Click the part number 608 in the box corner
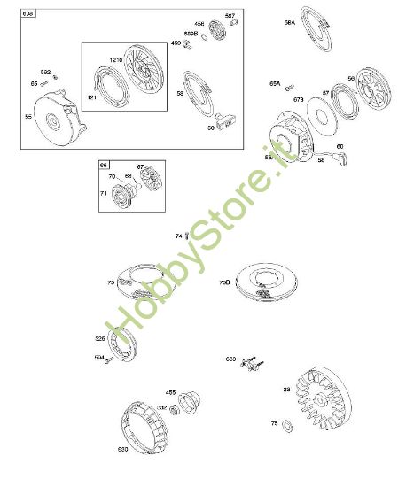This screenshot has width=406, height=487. [x=28, y=14]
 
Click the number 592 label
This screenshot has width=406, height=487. [x=46, y=73]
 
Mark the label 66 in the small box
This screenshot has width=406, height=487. [x=105, y=166]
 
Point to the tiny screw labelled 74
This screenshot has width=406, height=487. [x=187, y=235]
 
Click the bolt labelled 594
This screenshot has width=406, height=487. [x=108, y=360]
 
